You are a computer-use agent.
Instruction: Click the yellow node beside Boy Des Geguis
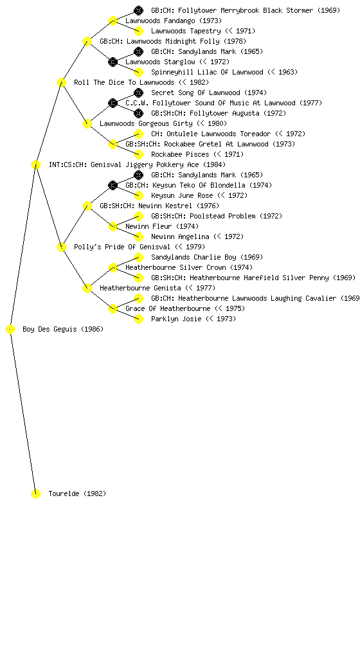tap(10, 330)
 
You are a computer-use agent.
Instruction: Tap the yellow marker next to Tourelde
tap(35, 493)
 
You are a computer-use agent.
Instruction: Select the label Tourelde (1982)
tap(77, 493)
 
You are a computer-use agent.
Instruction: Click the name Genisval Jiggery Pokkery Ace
tap(145, 164)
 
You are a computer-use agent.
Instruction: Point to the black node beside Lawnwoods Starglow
tap(113, 62)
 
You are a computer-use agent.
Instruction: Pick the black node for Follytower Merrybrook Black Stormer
tap(138, 10)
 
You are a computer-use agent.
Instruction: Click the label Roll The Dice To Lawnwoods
tap(124, 82)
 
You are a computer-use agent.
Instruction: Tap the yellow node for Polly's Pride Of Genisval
tap(61, 247)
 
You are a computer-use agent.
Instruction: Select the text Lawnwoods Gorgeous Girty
tap(146, 123)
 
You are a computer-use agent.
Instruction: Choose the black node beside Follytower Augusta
tap(138, 113)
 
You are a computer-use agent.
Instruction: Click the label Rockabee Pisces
tap(180, 154)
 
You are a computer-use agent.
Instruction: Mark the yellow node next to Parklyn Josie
tap(138, 319)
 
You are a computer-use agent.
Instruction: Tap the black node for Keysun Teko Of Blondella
tap(113, 185)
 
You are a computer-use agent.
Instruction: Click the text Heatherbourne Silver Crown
tap(175, 267)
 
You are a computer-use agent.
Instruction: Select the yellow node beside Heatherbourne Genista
tap(87, 288)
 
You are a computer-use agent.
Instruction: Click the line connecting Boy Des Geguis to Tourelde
tap(22, 411)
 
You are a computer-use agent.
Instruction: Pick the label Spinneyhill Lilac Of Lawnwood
tap(207, 72)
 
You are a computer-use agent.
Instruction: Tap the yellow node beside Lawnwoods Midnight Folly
tap(87, 41)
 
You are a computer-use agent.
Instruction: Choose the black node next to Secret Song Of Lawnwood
tap(138, 93)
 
